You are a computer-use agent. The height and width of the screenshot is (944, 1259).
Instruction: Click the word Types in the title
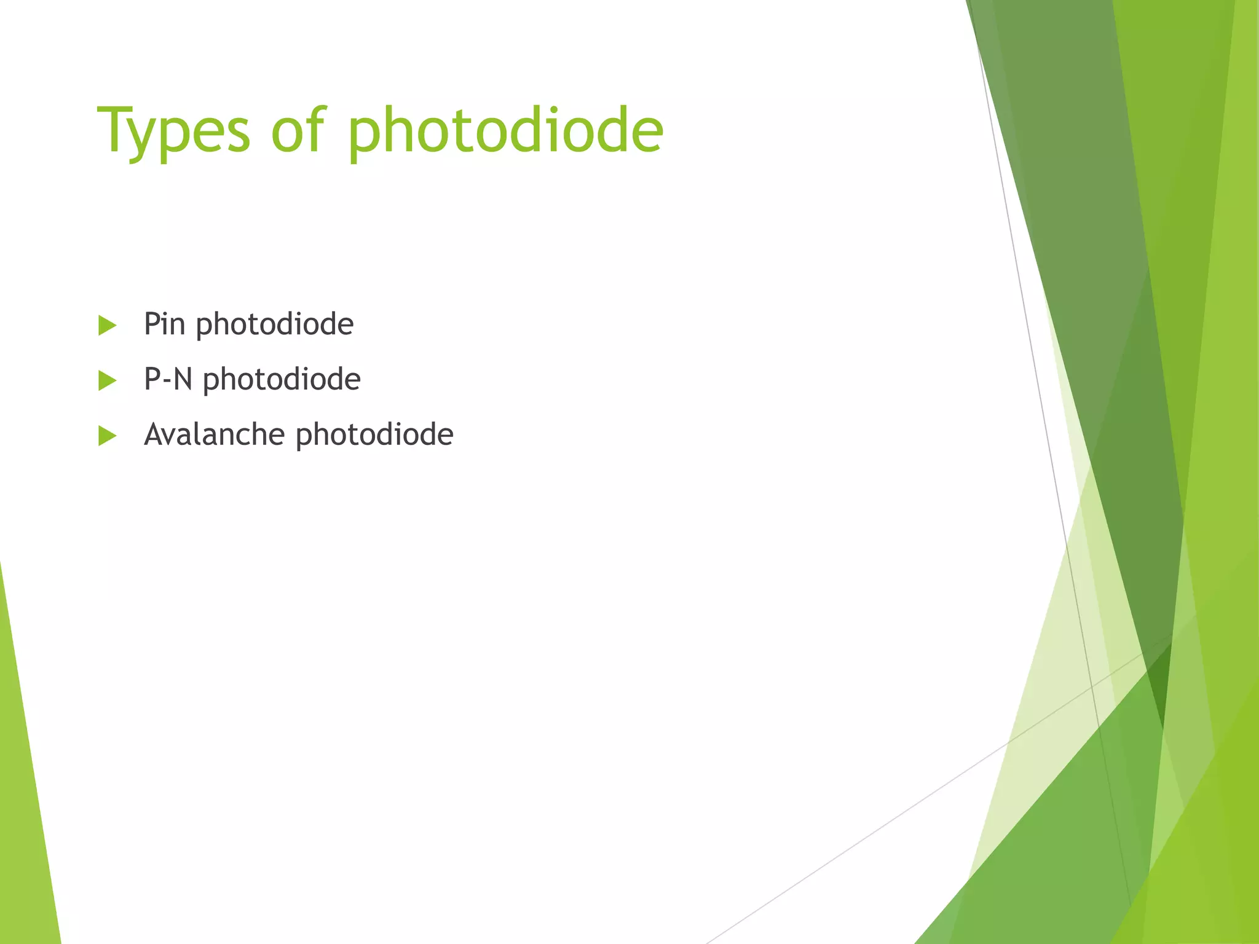point(173,130)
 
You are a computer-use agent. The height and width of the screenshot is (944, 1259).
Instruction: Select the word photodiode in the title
point(505,130)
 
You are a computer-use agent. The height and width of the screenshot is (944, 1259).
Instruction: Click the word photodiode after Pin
point(274,324)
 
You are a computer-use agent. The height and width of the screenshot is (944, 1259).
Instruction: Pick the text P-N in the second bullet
point(168,379)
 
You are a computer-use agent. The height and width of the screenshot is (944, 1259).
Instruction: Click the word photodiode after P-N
point(282,380)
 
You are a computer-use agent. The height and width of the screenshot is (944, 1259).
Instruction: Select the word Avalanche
point(214,434)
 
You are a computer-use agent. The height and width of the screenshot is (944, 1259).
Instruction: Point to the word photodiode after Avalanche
point(374,435)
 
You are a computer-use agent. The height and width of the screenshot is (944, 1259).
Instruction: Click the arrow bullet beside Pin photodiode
point(107,325)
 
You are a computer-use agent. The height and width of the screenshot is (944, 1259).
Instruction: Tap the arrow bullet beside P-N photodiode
point(107,380)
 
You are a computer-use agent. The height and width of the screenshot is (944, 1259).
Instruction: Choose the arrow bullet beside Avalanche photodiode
point(107,436)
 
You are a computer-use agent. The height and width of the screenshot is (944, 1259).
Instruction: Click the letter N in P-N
point(183,379)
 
